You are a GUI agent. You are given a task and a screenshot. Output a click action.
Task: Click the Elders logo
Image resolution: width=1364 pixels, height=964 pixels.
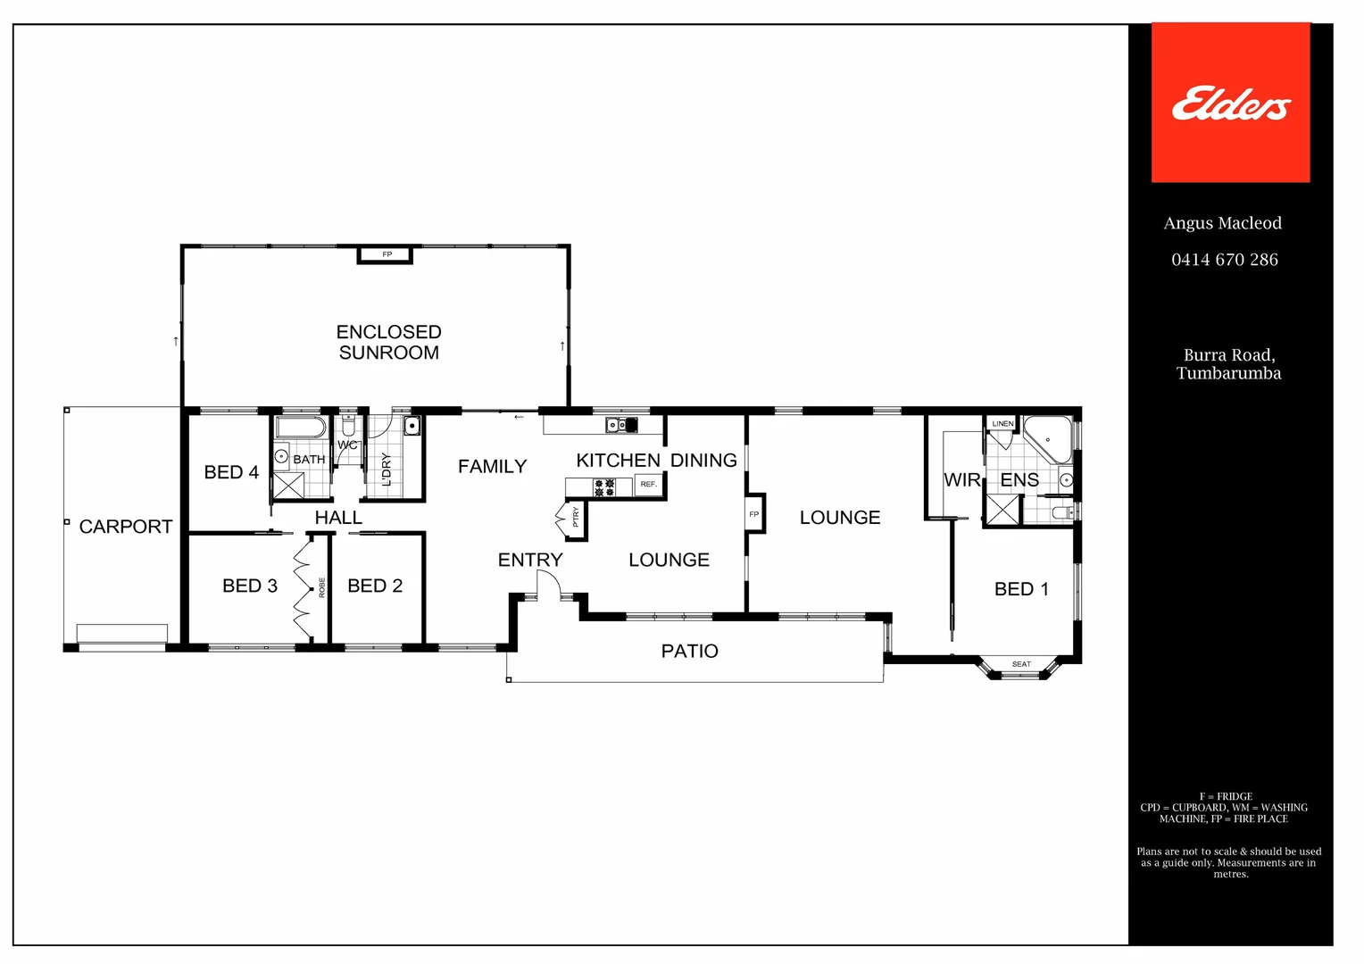[1230, 104]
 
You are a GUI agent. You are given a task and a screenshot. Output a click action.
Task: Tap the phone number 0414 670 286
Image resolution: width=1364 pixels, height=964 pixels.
[1224, 260]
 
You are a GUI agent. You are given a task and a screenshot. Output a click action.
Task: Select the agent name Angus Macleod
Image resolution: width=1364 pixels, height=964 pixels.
[1222, 223]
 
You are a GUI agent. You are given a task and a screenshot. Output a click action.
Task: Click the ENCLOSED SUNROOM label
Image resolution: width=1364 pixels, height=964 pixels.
[388, 342]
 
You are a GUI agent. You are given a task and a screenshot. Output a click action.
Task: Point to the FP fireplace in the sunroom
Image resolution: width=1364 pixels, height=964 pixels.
[387, 255]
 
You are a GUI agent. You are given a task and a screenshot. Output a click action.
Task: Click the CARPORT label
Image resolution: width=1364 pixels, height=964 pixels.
[126, 527]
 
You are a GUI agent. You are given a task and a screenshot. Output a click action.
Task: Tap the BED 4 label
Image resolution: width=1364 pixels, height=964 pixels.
[231, 472]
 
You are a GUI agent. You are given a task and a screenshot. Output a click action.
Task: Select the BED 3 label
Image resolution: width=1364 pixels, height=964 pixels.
[250, 586]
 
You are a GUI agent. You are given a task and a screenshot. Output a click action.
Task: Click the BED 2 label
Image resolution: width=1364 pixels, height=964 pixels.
[375, 586]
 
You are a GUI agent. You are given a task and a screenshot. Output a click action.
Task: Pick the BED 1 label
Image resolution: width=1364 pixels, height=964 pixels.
[1021, 589]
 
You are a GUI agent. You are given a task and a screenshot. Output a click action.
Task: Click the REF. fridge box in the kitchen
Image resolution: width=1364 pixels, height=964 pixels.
[649, 485]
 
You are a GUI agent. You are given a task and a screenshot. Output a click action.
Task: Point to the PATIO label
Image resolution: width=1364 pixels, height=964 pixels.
[689, 651]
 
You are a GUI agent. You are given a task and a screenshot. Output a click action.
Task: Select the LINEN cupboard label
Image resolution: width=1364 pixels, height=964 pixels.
[1002, 424]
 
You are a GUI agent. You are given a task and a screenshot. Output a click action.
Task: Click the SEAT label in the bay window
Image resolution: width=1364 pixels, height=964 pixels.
[1021, 664]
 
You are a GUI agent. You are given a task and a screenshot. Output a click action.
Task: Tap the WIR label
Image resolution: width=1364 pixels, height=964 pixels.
[961, 480]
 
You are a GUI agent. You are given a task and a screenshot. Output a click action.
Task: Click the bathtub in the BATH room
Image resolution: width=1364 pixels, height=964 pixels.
[301, 427]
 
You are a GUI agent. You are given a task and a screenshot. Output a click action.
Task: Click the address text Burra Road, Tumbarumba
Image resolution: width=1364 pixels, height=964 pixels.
[1228, 364]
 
